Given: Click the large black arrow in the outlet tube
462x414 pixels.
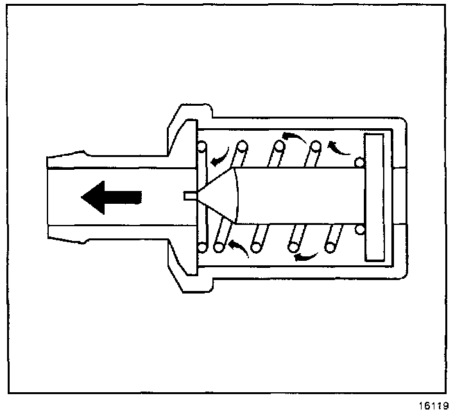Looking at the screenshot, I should tap(110, 197).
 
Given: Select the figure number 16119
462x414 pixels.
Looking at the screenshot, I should tap(435, 405).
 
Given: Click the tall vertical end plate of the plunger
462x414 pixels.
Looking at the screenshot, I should tap(373, 197).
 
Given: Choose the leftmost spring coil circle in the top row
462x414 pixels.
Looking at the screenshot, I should tap(202, 147).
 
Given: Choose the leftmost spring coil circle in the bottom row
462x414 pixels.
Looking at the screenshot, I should tap(202, 247).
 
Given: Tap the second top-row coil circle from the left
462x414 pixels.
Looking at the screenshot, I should tap(241, 147).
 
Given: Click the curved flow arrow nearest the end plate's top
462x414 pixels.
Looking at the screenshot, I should tap(338, 147).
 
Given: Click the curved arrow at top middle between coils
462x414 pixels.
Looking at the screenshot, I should tap(295, 136).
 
